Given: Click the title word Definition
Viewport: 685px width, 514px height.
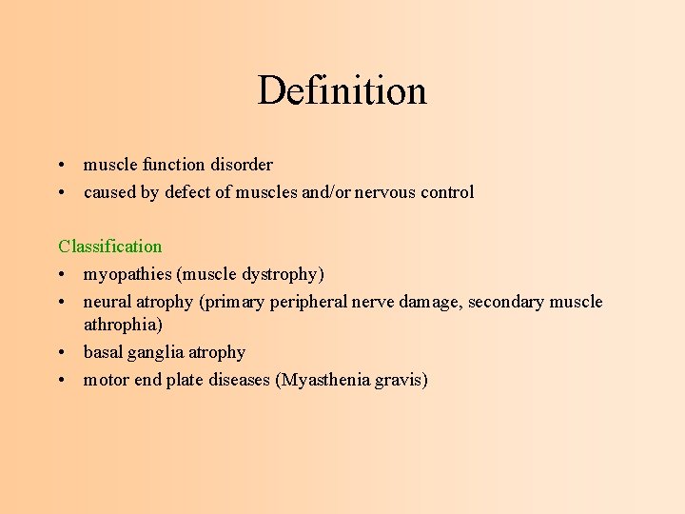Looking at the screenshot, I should tap(342, 91).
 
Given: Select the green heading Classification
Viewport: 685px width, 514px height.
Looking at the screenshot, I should tap(110, 247).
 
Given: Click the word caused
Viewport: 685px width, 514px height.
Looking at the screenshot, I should tap(109, 192).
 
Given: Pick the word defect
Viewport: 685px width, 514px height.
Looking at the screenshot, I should tap(187, 192).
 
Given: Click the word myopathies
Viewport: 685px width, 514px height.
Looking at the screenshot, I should tap(127, 275).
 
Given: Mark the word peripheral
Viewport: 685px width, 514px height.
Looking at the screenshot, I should tap(312, 302).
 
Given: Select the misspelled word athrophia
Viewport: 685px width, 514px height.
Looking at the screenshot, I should tap(123, 325).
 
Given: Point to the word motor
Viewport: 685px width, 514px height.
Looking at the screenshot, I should tap(106, 380).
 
